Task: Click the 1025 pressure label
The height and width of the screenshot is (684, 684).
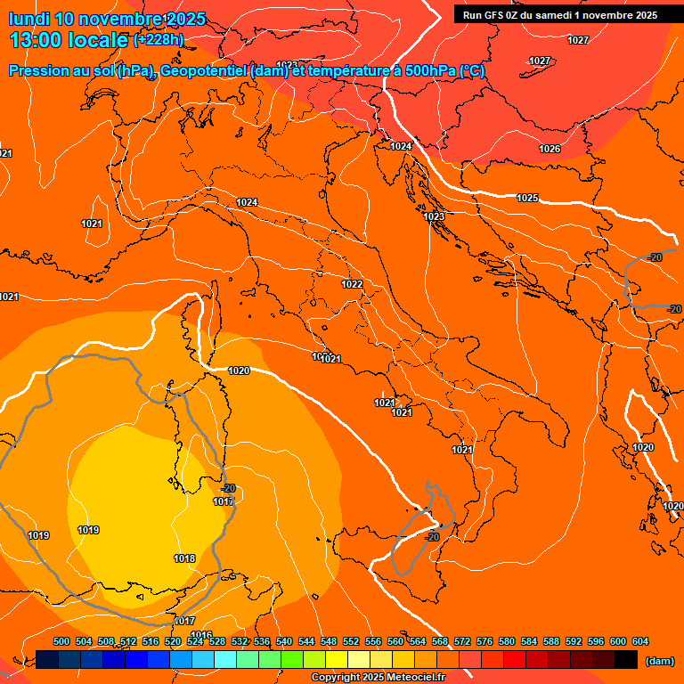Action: tap(527, 198)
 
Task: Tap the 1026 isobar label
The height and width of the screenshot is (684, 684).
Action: tap(550, 149)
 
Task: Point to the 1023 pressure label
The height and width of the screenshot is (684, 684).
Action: tap(434, 216)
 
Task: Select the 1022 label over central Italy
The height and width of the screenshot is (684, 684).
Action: tap(352, 284)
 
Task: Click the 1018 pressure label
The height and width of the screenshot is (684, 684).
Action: tap(184, 558)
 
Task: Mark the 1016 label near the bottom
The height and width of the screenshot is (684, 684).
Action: tap(201, 634)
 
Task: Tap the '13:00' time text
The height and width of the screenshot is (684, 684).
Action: tap(35, 40)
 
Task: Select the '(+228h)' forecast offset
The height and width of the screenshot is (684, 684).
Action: tap(159, 40)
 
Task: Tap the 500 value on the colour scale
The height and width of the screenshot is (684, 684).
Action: tap(61, 641)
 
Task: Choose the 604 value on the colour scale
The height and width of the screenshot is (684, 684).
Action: tap(639, 641)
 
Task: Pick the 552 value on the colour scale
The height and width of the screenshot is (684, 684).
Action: tap(351, 641)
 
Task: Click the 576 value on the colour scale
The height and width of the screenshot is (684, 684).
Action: tap(484, 641)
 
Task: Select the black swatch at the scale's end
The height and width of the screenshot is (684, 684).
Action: tap(626, 659)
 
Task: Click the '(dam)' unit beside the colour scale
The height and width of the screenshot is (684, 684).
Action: tap(660, 661)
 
